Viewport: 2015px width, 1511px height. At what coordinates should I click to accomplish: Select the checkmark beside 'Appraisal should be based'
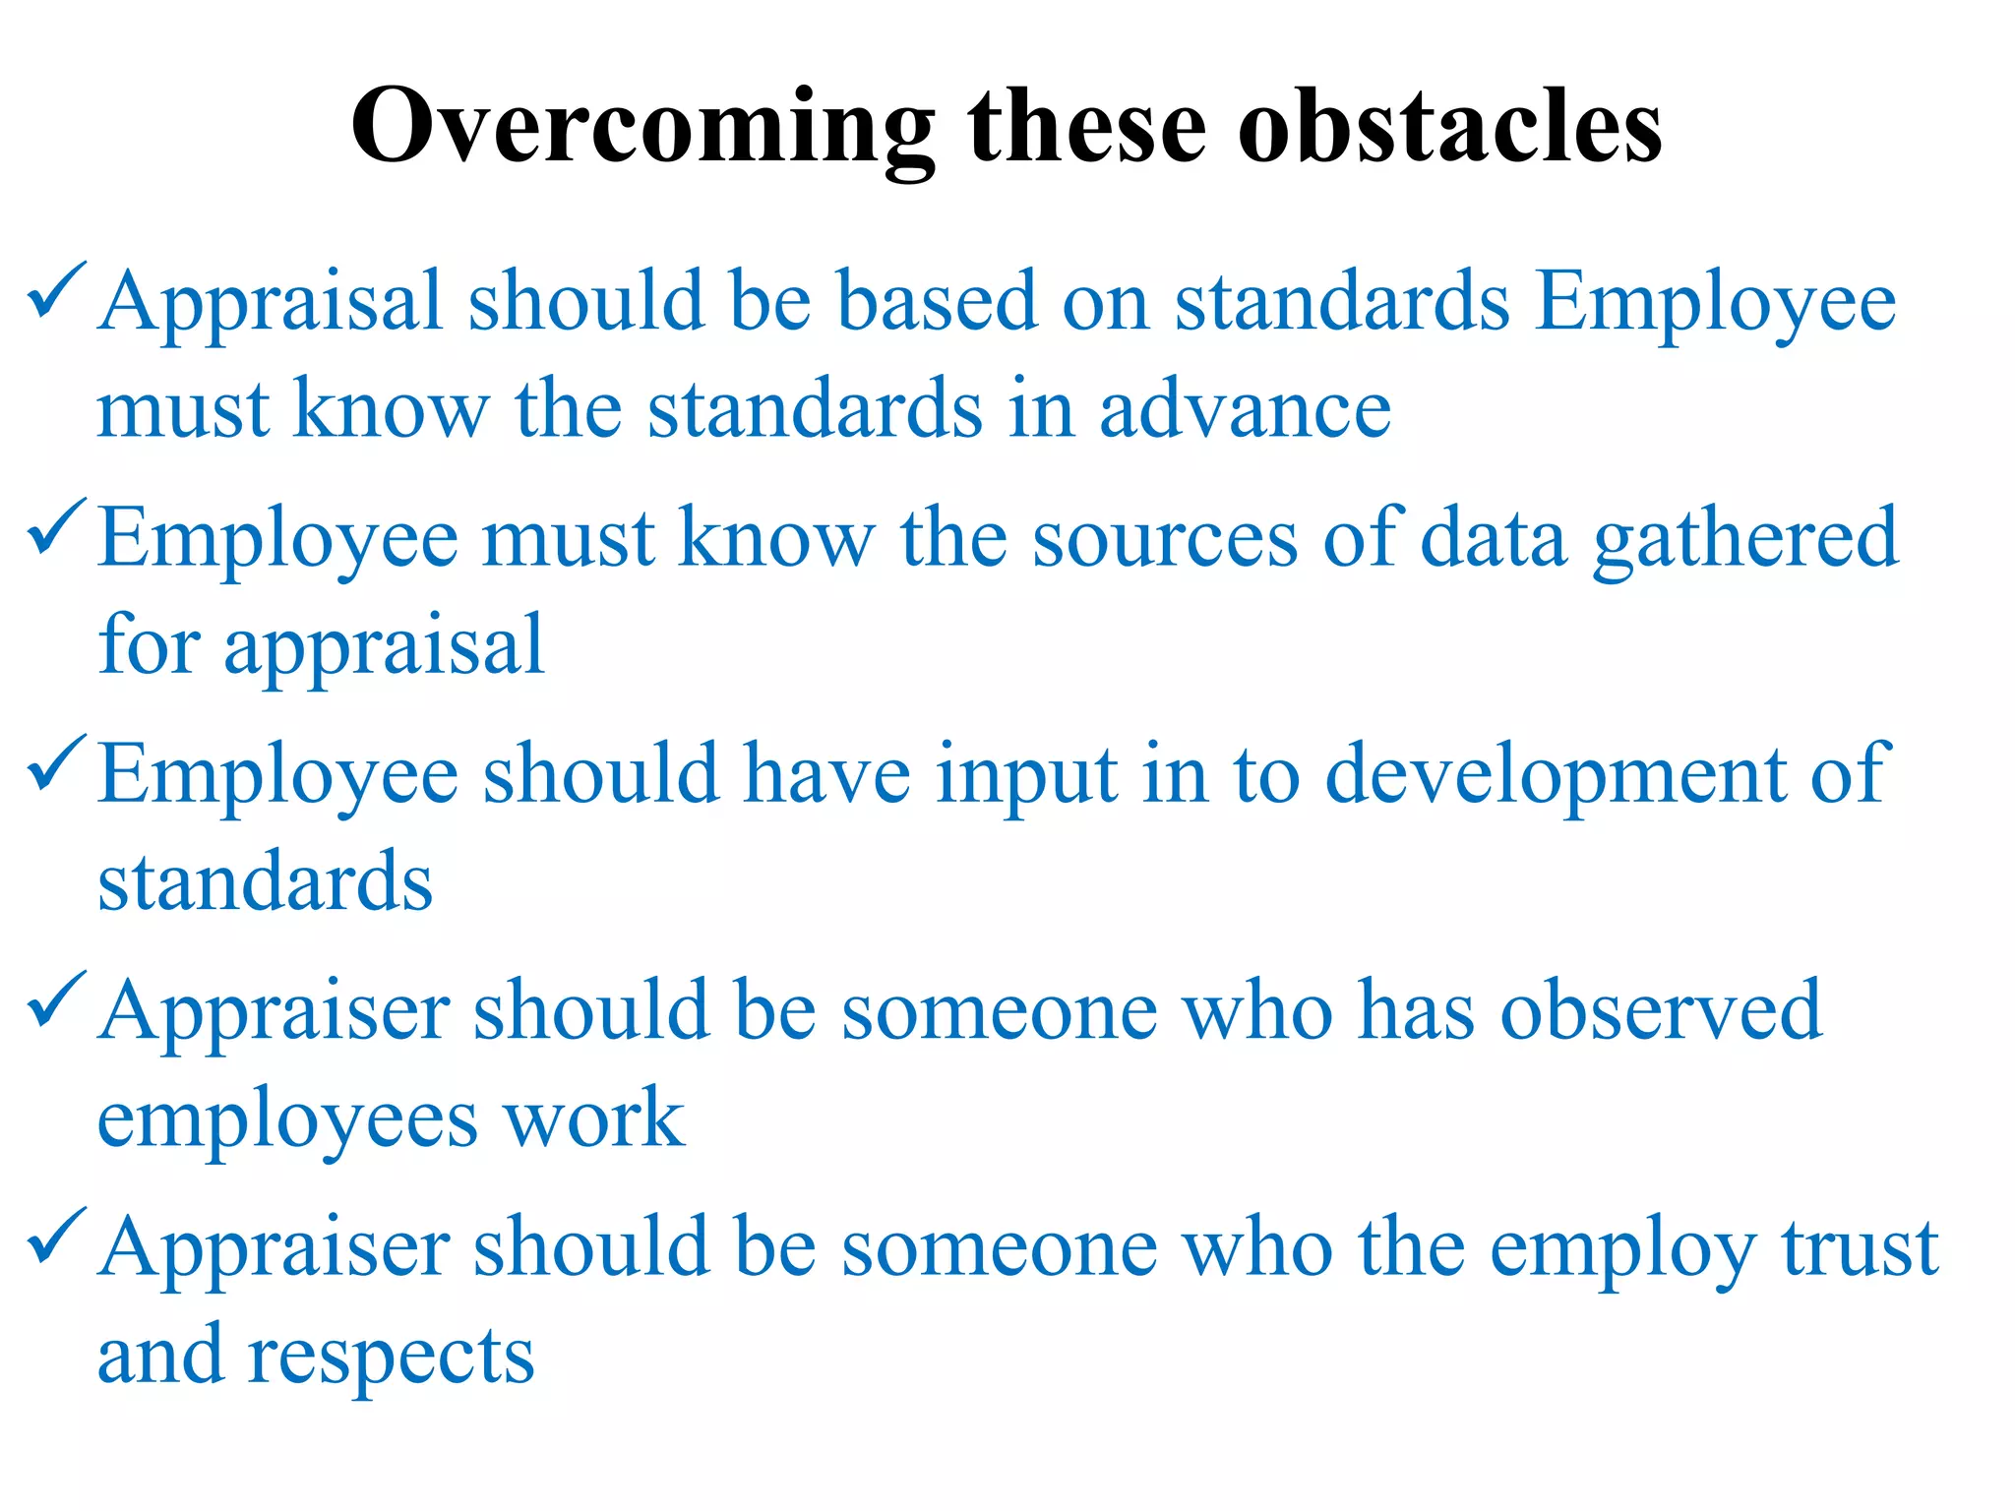pyautogui.click(x=57, y=292)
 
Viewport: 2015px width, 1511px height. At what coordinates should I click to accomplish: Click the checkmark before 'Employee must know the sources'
pyautogui.click(x=57, y=528)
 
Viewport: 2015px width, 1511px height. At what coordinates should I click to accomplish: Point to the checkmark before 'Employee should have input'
pyautogui.click(x=57, y=764)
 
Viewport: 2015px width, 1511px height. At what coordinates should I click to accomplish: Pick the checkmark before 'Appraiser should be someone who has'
pyautogui.click(x=57, y=1000)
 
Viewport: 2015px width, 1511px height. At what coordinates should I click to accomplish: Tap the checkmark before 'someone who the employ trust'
pyautogui.click(x=57, y=1237)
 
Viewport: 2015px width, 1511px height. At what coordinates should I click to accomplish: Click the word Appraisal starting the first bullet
pyautogui.click(x=272, y=303)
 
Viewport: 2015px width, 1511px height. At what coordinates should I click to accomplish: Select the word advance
pyautogui.click(x=1245, y=408)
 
